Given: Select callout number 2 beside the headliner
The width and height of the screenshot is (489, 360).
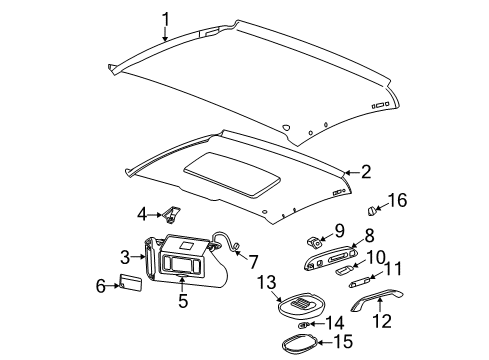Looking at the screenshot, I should click(x=366, y=171).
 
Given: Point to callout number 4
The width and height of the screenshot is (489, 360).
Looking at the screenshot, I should click(x=142, y=213).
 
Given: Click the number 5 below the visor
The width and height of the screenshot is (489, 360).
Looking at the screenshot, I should click(x=182, y=299).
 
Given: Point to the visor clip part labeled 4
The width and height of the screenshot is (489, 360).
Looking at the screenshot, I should click(x=173, y=213).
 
